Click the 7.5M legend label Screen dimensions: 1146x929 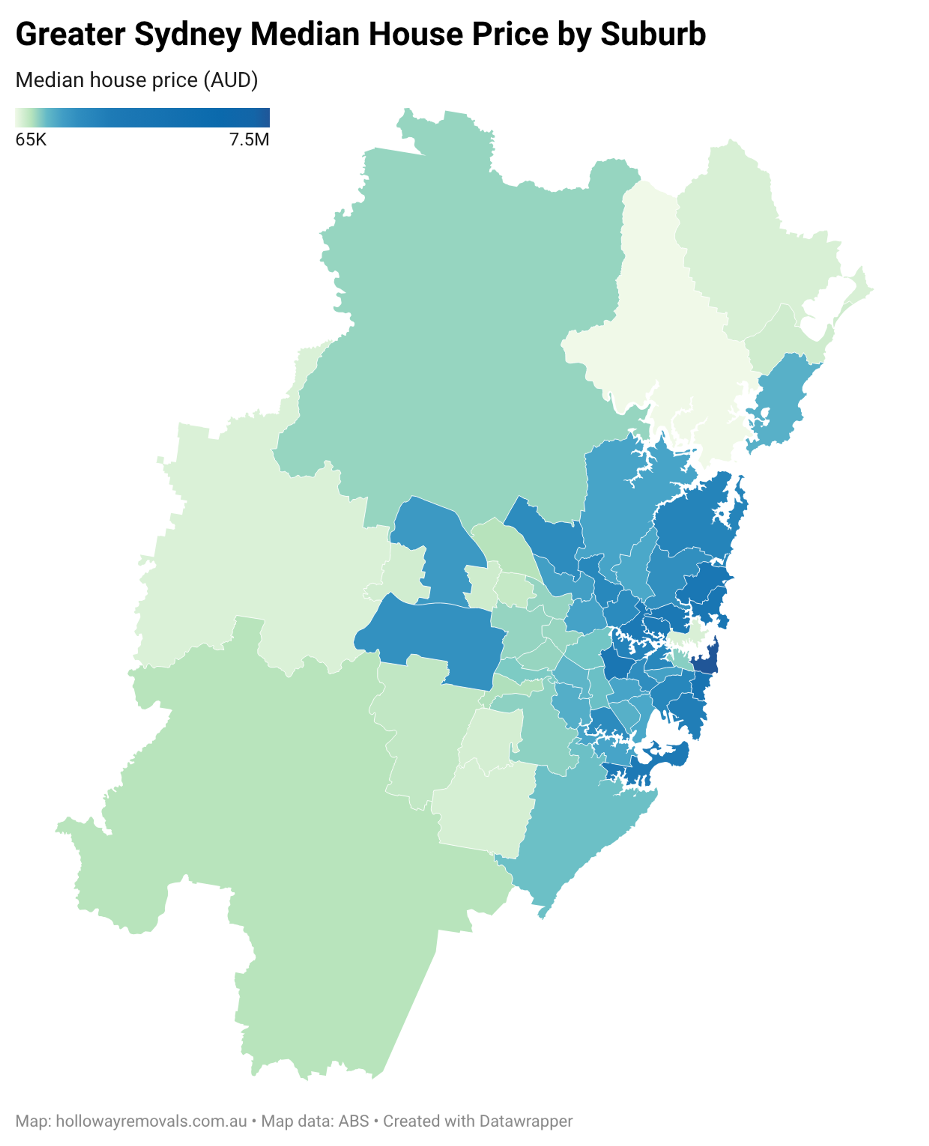[249, 140]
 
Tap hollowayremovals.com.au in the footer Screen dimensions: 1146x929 [151, 1121]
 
